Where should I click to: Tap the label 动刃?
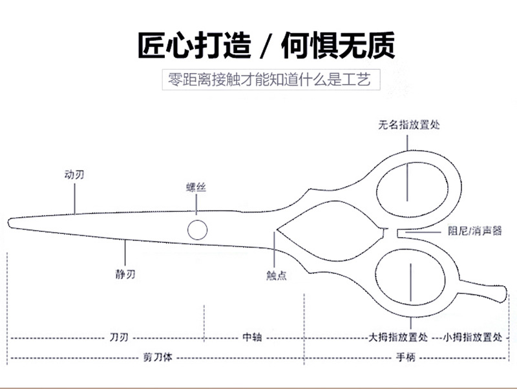pyautogui.click(x=74, y=174)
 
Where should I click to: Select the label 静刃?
pyautogui.click(x=125, y=274)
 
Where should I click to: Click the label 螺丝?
pyautogui.click(x=196, y=187)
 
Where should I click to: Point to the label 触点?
pyautogui.click(x=277, y=275)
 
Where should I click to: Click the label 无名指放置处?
pyautogui.click(x=409, y=125)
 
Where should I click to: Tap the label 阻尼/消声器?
pyautogui.click(x=475, y=231)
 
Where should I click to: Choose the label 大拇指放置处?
pyautogui.click(x=398, y=337)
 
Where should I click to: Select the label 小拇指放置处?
pyautogui.click(x=472, y=337)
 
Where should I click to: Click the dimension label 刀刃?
pyautogui.click(x=119, y=337)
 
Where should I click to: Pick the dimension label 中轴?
pyautogui.click(x=252, y=337)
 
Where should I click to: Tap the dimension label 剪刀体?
pyautogui.click(x=158, y=357)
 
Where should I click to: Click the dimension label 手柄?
pyautogui.click(x=406, y=357)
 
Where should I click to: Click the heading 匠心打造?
pyautogui.click(x=195, y=45)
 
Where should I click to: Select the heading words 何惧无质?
pyautogui.click(x=338, y=45)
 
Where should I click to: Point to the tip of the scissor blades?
pyautogui.click(x=9, y=223)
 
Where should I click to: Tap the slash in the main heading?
pyautogui.click(x=266, y=45)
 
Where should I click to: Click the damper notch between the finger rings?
pyautogui.click(x=392, y=233)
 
